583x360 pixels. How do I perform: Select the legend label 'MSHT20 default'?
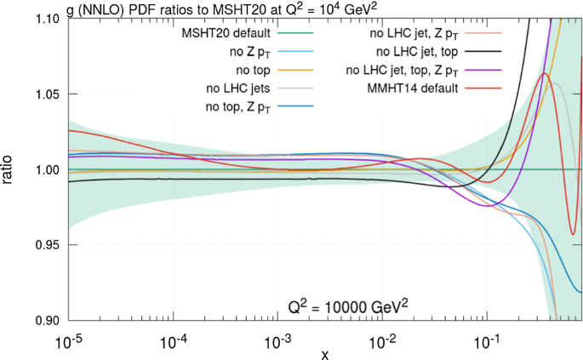click(x=228, y=33)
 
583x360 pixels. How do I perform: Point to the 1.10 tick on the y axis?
click(x=48, y=20)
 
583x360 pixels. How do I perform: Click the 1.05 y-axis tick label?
click(x=48, y=94)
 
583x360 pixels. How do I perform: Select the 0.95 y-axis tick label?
click(x=48, y=245)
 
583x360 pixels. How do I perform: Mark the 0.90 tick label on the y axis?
click(x=48, y=320)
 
